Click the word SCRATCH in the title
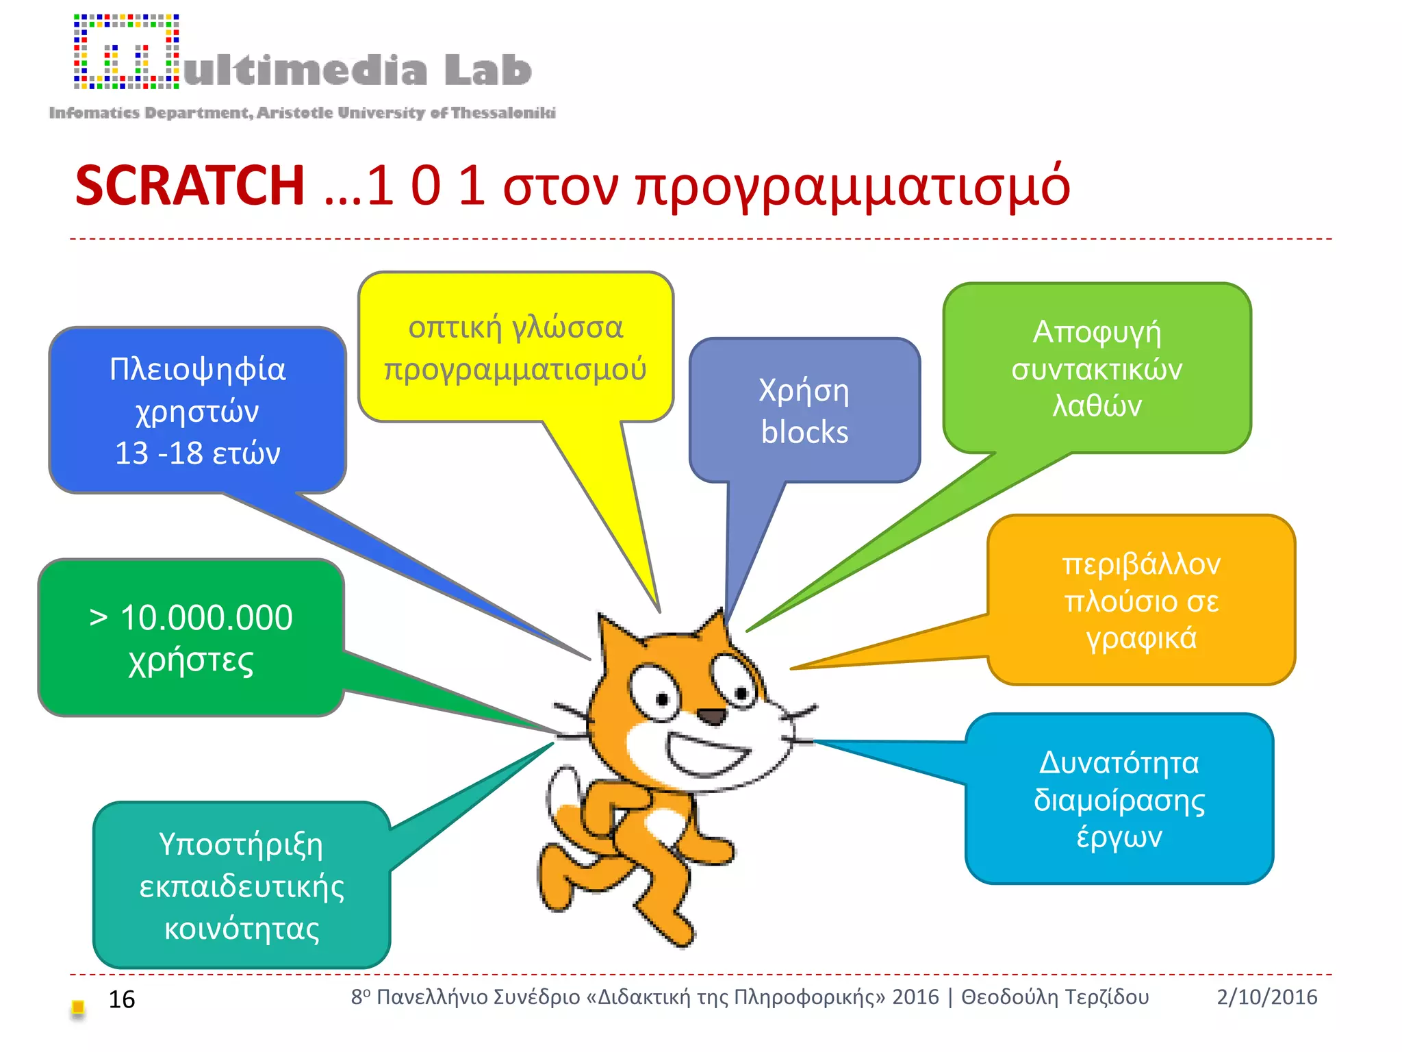click(190, 186)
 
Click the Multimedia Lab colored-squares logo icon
click(127, 52)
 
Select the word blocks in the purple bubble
click(804, 433)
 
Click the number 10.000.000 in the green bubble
click(206, 618)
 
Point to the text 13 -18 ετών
click(197, 453)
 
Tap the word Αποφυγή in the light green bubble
click(1097, 334)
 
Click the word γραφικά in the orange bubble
click(1141, 638)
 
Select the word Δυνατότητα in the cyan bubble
click(1119, 763)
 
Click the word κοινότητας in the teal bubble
click(242, 929)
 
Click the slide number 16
click(122, 999)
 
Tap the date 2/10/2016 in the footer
click(1266, 997)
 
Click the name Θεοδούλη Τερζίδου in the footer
click(1055, 997)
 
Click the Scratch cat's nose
click(712, 717)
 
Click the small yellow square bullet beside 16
click(78, 1007)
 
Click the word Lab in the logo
click(487, 71)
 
